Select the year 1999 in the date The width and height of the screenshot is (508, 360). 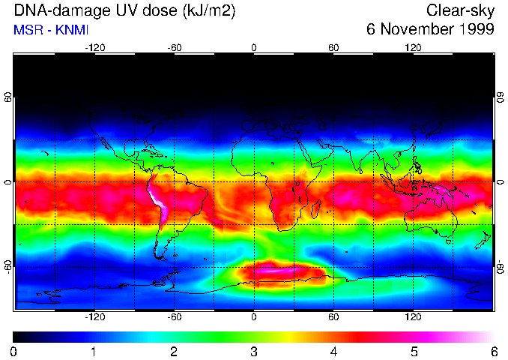474,30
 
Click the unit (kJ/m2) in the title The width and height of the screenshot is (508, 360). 212,10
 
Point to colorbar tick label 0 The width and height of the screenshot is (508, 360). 14,351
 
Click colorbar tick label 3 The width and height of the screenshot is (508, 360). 254,351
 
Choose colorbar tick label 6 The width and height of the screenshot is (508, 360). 494,351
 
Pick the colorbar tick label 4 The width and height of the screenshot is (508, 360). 333,351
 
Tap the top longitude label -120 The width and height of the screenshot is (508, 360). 94,48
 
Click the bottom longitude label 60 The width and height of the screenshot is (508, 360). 333,316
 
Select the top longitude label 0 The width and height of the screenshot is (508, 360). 254,48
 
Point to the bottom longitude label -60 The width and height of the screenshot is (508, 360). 174,316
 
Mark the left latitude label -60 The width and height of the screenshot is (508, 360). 8,266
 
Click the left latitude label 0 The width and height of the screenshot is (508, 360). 8,182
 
